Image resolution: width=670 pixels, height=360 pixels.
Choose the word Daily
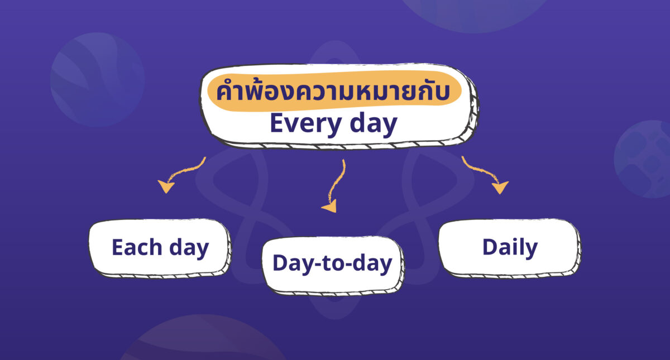tap(510, 247)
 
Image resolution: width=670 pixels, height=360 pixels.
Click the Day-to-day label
tap(332, 263)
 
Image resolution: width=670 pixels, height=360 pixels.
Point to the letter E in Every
tap(277, 123)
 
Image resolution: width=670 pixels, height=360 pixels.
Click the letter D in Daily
tap(490, 247)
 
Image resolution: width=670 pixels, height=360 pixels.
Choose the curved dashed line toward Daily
tap(477, 170)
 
